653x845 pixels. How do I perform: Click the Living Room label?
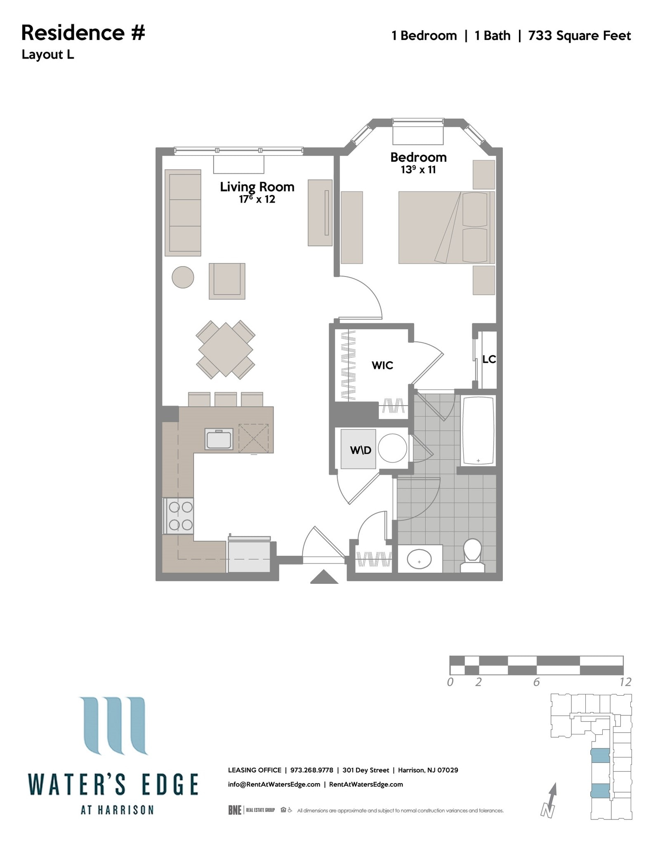pos(257,187)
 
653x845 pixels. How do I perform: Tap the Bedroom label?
pos(418,158)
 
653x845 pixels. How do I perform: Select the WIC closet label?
pos(382,365)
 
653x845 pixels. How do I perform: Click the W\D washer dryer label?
pos(361,450)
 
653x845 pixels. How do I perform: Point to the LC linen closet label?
pos(489,359)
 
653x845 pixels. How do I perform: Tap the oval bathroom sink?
pos(419,560)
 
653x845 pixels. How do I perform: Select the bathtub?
pos(478,430)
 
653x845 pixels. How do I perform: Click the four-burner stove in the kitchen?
pos(180,516)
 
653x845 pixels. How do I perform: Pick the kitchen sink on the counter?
pos(219,439)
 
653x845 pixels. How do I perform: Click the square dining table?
pos(226,349)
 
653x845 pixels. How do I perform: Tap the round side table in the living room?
pos(183,277)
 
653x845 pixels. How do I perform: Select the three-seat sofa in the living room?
pos(183,213)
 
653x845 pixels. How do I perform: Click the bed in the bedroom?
pos(446,227)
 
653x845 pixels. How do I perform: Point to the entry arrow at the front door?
pos(324,576)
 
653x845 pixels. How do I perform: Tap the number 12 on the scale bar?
pos(625,682)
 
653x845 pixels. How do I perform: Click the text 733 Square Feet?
pos(579,36)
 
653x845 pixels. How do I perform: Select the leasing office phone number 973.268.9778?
pos(311,770)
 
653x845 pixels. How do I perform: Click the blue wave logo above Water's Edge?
pos(113,725)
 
